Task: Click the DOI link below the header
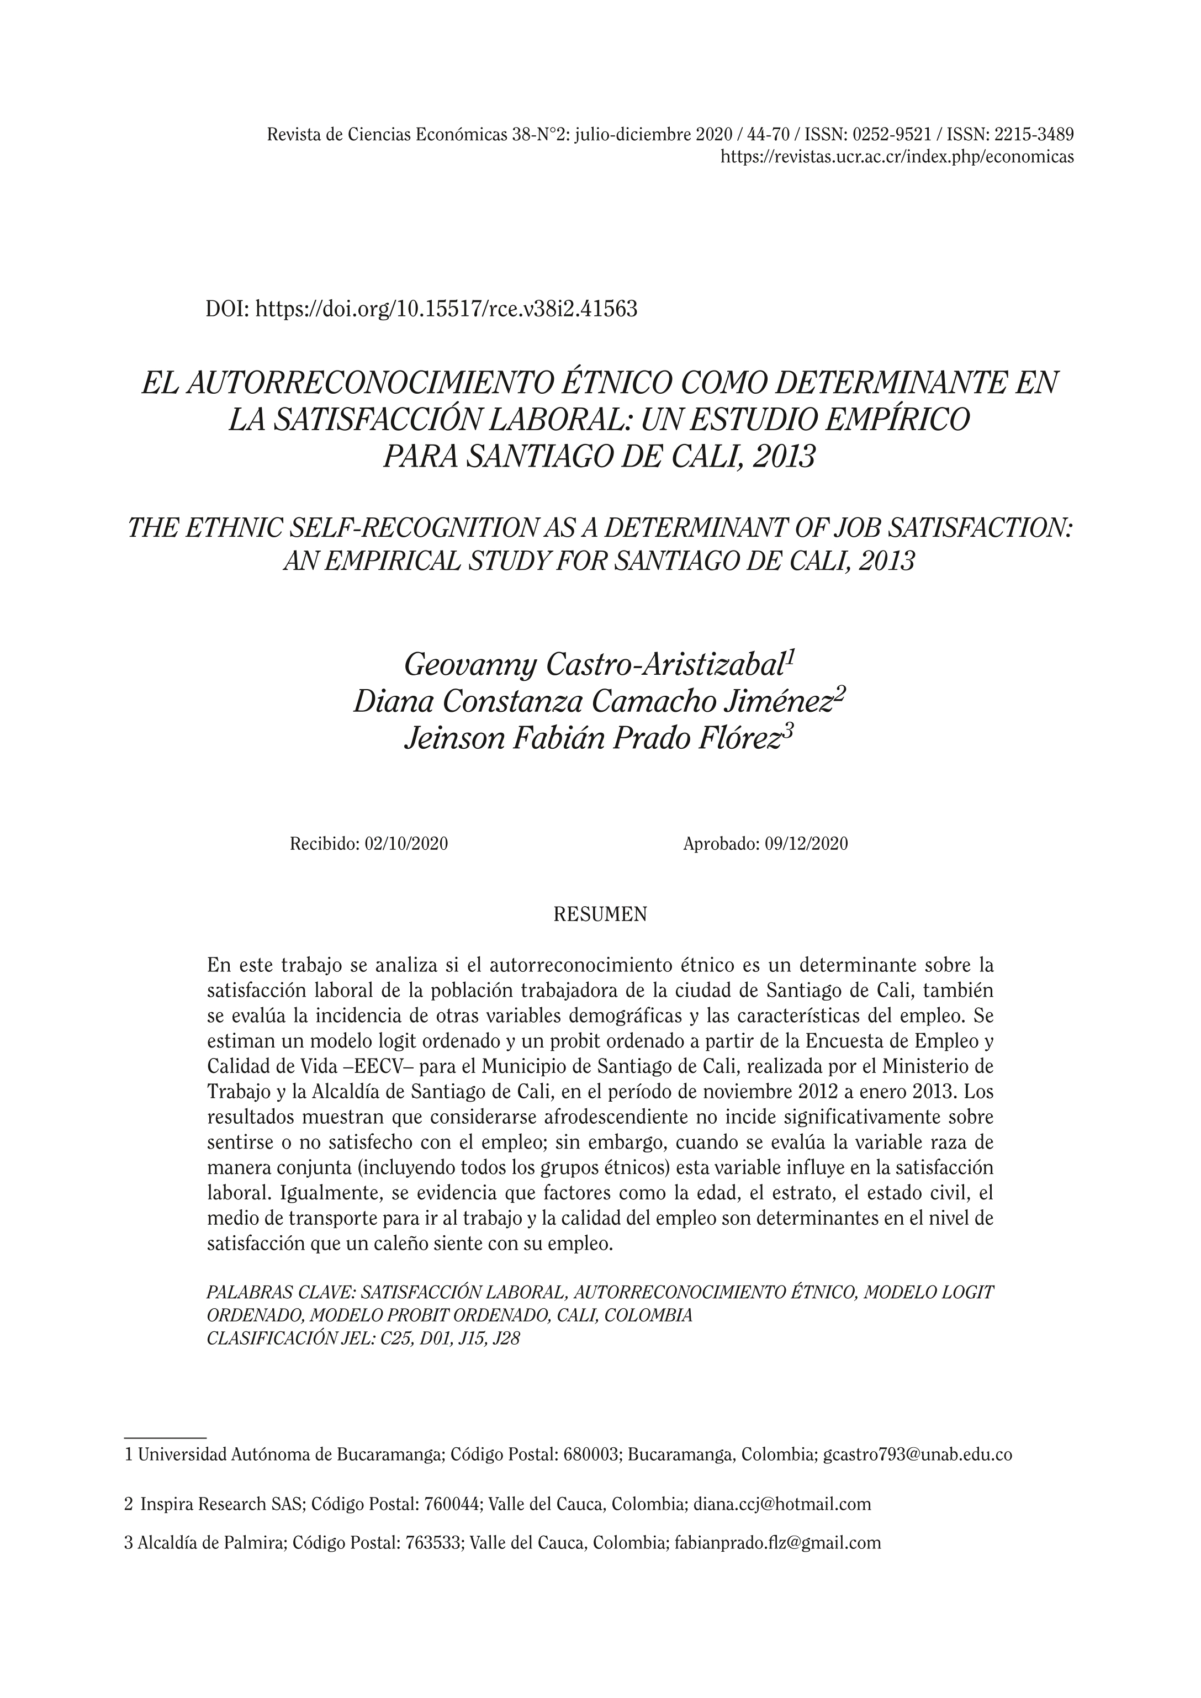(446, 309)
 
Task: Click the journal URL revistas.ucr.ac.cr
(897, 157)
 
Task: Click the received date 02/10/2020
(406, 844)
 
